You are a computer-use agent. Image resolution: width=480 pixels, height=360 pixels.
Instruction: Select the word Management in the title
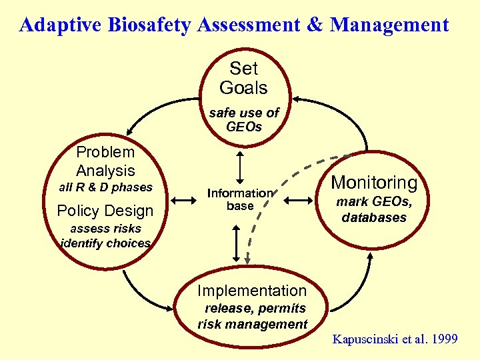tap(390, 25)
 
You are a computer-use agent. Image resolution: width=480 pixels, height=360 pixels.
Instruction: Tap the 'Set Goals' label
tap(243, 78)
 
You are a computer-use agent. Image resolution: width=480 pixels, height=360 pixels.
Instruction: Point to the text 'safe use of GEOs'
tap(243, 119)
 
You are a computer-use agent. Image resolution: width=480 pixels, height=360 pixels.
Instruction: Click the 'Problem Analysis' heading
tap(105, 161)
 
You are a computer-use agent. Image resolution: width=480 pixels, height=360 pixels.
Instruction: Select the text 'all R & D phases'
tap(106, 187)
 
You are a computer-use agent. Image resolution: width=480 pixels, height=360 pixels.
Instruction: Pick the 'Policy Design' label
tap(105, 211)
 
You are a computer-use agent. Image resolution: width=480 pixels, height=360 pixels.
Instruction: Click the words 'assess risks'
tap(106, 229)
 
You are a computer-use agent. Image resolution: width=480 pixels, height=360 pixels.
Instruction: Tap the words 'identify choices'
tap(106, 243)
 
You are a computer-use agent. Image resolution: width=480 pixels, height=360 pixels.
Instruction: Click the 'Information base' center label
tap(240, 199)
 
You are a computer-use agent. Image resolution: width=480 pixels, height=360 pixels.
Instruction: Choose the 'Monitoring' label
tap(374, 183)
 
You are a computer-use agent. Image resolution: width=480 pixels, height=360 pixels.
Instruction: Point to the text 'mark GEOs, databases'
tap(374, 209)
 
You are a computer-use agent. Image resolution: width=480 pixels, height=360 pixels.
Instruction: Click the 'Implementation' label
tap(252, 291)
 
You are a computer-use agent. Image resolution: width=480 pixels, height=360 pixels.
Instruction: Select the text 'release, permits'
tap(255, 308)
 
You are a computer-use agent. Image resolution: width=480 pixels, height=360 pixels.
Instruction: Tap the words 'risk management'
tap(253, 325)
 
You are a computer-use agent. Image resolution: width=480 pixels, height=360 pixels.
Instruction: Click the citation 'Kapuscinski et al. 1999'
tap(395, 339)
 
